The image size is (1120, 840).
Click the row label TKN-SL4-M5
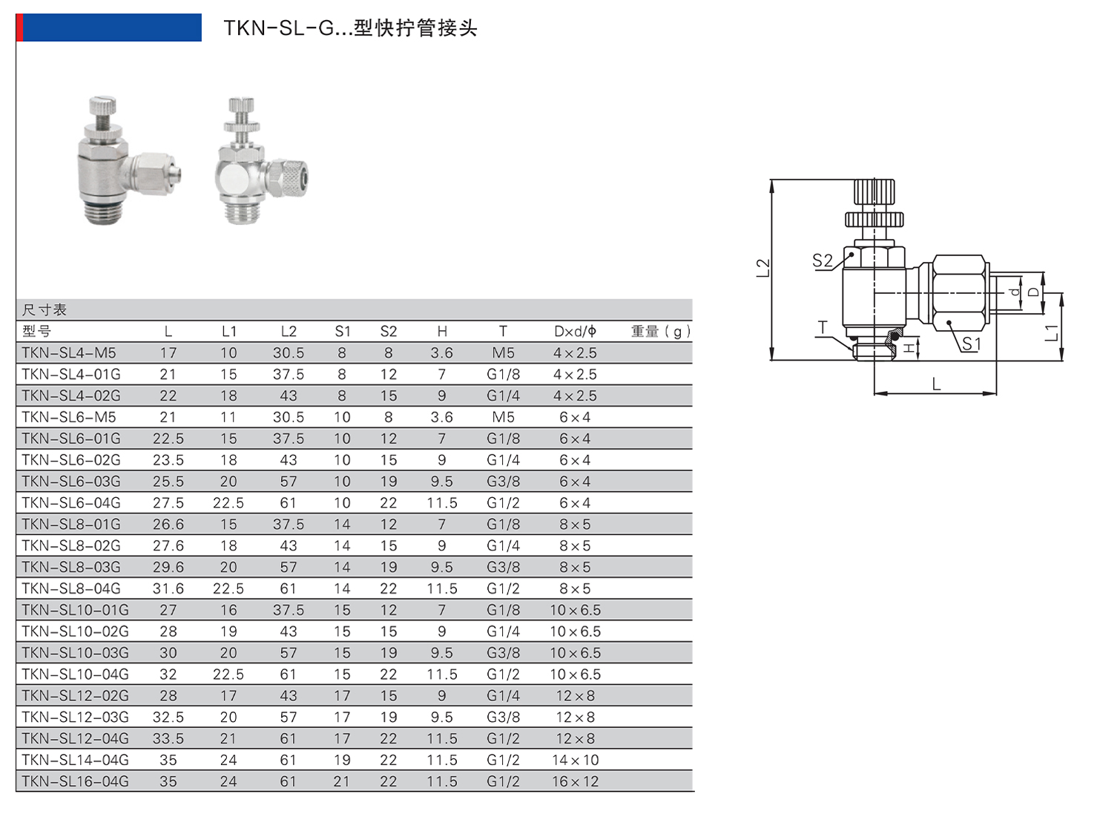(69, 352)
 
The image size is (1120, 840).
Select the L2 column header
(289, 331)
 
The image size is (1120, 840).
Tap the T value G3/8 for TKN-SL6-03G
(503, 482)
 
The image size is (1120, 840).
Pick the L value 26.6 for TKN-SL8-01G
(168, 524)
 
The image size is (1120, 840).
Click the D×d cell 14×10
(575, 760)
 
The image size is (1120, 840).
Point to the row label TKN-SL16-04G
(75, 781)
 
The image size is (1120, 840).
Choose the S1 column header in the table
(343, 331)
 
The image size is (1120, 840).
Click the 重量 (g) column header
(660, 331)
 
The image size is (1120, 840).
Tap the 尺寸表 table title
(45, 309)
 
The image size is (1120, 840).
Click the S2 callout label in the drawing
(822, 260)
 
